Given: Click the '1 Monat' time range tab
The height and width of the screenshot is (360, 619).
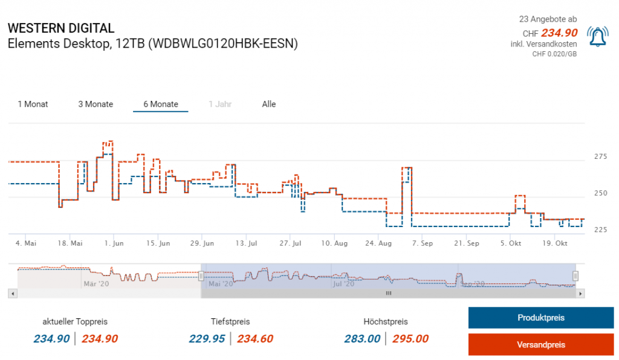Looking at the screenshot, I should tap(33, 104).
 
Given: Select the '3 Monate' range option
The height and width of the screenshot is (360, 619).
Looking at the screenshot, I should tap(96, 104).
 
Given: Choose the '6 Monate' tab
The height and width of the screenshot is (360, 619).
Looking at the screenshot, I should tap(161, 104).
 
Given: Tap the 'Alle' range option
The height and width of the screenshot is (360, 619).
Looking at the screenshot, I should tap(269, 104).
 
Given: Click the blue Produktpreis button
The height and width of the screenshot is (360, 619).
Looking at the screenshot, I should tap(541, 318).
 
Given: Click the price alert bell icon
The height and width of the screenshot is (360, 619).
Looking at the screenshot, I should tap(598, 37).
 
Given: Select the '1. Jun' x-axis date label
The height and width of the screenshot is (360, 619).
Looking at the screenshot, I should tap(114, 243).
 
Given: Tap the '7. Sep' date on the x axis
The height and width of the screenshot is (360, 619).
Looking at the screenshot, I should tap(422, 243).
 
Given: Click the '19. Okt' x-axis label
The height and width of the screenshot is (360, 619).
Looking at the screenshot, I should tap(556, 243).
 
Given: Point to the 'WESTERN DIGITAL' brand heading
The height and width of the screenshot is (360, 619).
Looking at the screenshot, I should tap(60, 28).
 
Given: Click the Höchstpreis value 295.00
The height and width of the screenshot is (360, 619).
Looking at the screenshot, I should tap(410, 339).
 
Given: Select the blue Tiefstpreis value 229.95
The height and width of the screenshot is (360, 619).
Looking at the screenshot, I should tap(207, 339).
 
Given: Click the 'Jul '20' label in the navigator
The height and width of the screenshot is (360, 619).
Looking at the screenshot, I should tap(343, 283).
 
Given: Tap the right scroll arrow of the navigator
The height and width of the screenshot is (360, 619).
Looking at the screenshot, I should tap(580, 294).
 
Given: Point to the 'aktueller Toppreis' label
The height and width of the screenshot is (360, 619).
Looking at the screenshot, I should tap(75, 322).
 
